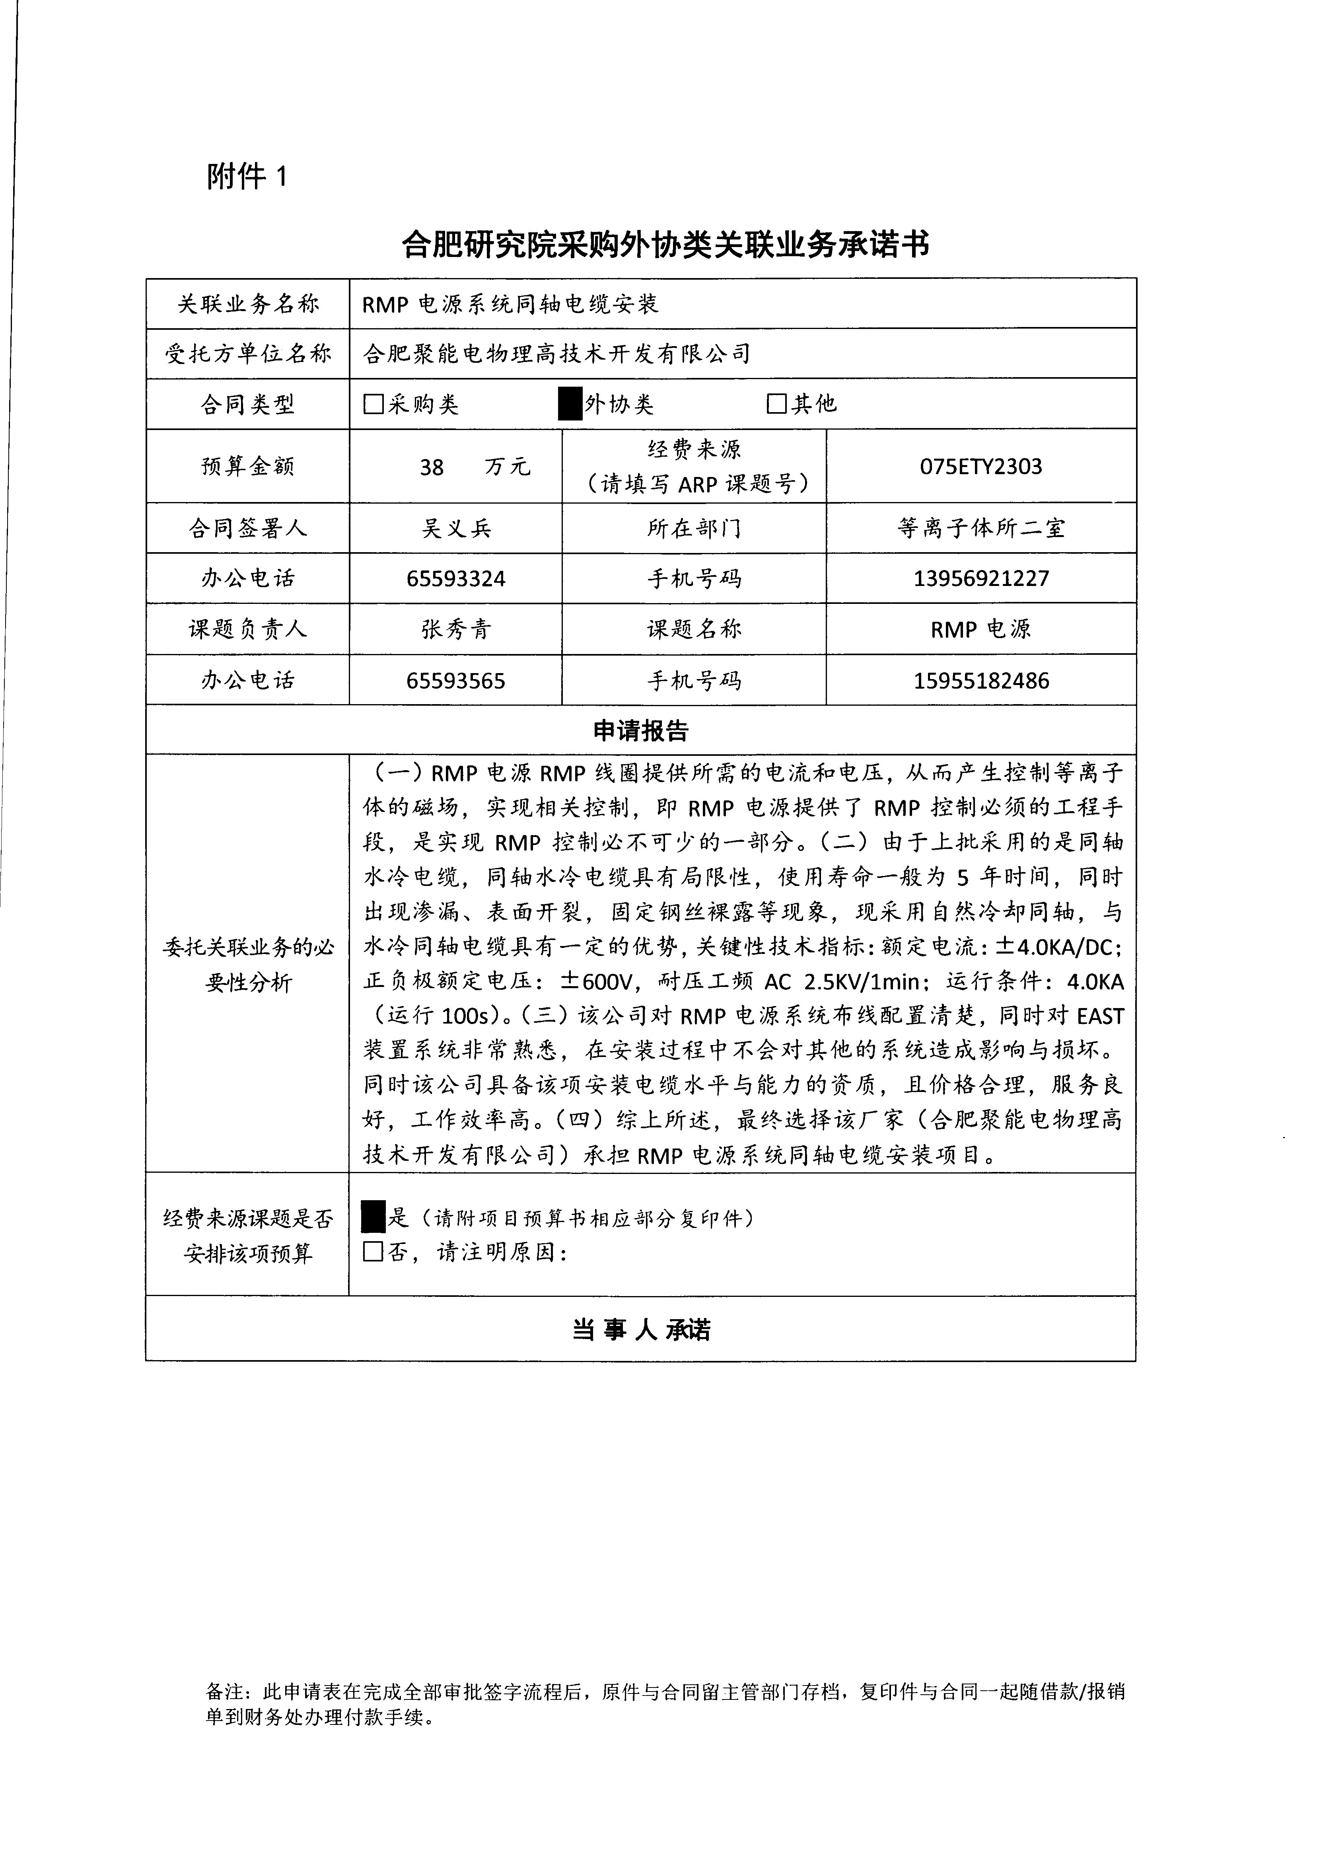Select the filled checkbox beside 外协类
point(570,404)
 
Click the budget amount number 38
point(432,467)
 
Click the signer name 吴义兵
point(456,529)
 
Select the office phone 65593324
point(456,579)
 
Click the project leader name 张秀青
point(456,629)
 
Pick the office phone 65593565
point(456,681)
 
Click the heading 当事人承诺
point(641,1330)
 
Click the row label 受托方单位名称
point(248,354)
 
